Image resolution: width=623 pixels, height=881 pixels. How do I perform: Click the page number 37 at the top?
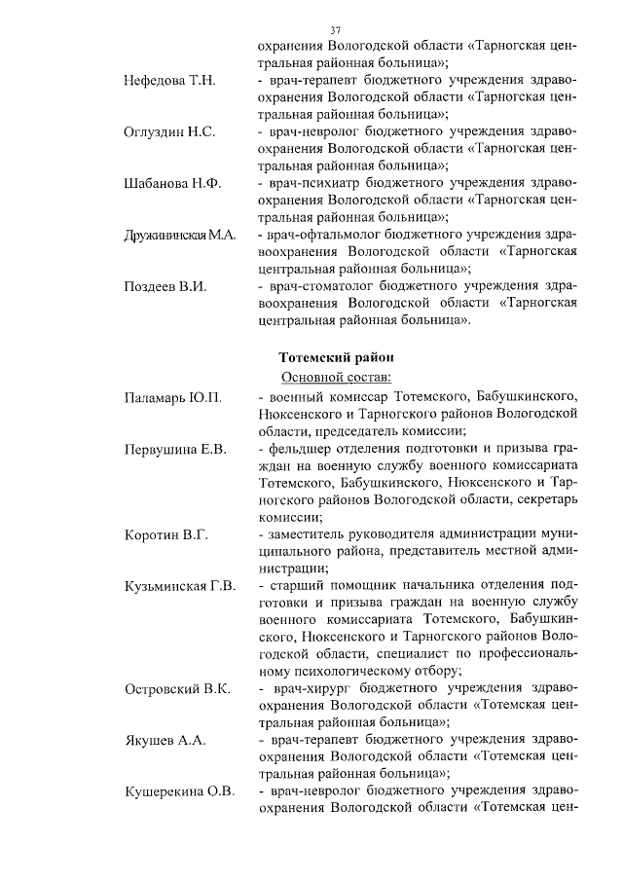tap(336, 29)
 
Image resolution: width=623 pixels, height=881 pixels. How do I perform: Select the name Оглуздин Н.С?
tap(169, 131)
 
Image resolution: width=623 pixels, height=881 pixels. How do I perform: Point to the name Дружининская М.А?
tap(180, 236)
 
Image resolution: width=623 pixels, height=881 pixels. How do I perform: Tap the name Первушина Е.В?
tap(175, 449)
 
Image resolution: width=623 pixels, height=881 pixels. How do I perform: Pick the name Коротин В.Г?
tap(165, 535)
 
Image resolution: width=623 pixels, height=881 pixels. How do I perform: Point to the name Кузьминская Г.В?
tap(180, 586)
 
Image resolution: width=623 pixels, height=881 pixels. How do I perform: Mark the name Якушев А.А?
tap(165, 741)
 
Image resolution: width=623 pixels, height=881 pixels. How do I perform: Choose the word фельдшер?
tap(298, 449)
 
